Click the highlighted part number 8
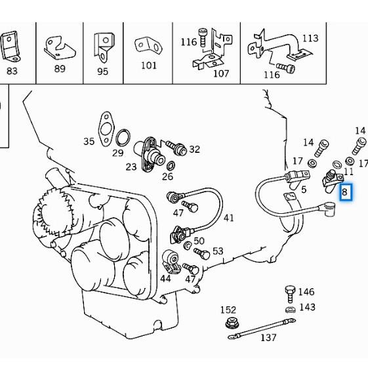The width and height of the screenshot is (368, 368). (345, 192)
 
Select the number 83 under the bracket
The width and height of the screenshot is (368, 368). (12, 71)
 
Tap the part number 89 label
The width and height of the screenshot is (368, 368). (60, 68)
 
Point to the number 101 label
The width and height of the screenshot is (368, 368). (149, 66)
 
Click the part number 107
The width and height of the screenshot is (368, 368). (221, 73)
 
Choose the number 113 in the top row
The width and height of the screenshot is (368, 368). (310, 38)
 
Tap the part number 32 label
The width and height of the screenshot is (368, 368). (194, 149)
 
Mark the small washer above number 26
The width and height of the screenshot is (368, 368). (171, 164)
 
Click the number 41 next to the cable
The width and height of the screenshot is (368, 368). (228, 218)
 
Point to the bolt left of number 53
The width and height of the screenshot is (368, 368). (201, 253)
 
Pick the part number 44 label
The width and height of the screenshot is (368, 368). (165, 278)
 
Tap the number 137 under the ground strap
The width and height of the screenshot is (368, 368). (268, 337)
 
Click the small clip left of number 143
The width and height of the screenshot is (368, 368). (289, 308)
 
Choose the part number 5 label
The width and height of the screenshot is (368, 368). (303, 190)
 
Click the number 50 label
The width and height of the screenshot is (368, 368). (199, 241)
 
